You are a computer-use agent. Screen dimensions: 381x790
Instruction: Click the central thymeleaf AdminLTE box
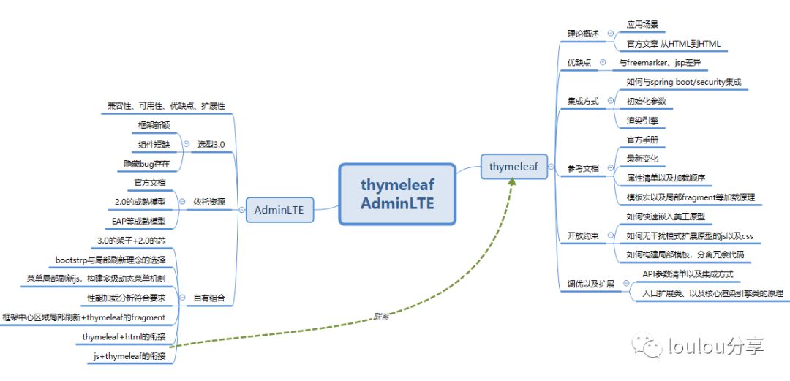pyautogui.click(x=397, y=194)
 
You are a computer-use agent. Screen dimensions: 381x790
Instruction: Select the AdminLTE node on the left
pyautogui.click(x=279, y=211)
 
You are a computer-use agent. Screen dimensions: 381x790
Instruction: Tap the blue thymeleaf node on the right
pyautogui.click(x=513, y=167)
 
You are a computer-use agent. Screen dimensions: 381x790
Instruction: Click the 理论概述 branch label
pyautogui.click(x=583, y=34)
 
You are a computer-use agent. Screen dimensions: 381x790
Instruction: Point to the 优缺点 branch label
pyautogui.click(x=579, y=63)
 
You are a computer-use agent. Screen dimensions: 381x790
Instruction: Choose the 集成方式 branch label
pyautogui.click(x=583, y=101)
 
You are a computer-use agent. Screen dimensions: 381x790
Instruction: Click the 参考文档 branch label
pyautogui.click(x=583, y=168)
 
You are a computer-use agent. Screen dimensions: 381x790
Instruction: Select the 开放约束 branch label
pyautogui.click(x=583, y=235)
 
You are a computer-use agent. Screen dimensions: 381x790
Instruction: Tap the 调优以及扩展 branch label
pyautogui.click(x=590, y=283)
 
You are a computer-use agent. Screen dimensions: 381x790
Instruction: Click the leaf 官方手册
pyautogui.click(x=643, y=139)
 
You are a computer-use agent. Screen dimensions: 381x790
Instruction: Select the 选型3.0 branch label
pyautogui.click(x=211, y=144)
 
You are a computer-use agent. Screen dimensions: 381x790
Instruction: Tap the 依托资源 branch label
pyautogui.click(x=209, y=201)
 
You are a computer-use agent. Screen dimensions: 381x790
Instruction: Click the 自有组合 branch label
pyautogui.click(x=209, y=298)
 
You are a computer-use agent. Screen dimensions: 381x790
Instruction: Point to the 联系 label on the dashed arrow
pyautogui.click(x=381, y=316)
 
